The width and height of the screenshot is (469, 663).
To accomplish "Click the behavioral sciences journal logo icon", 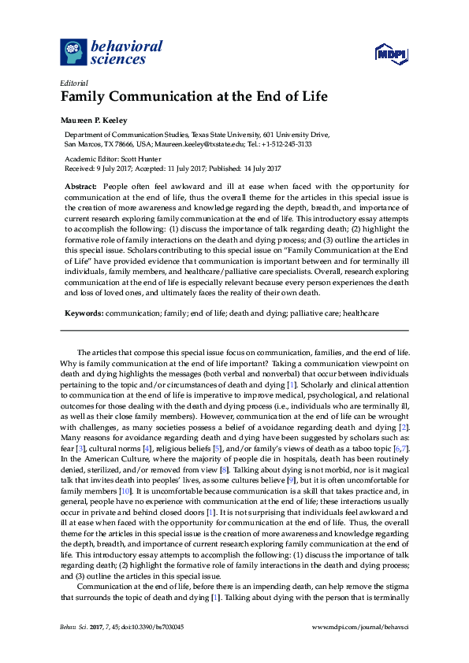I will [x=73, y=51].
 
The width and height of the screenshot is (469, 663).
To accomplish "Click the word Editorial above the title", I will [x=74, y=83].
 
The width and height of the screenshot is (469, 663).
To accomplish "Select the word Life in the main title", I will [x=312, y=98].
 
